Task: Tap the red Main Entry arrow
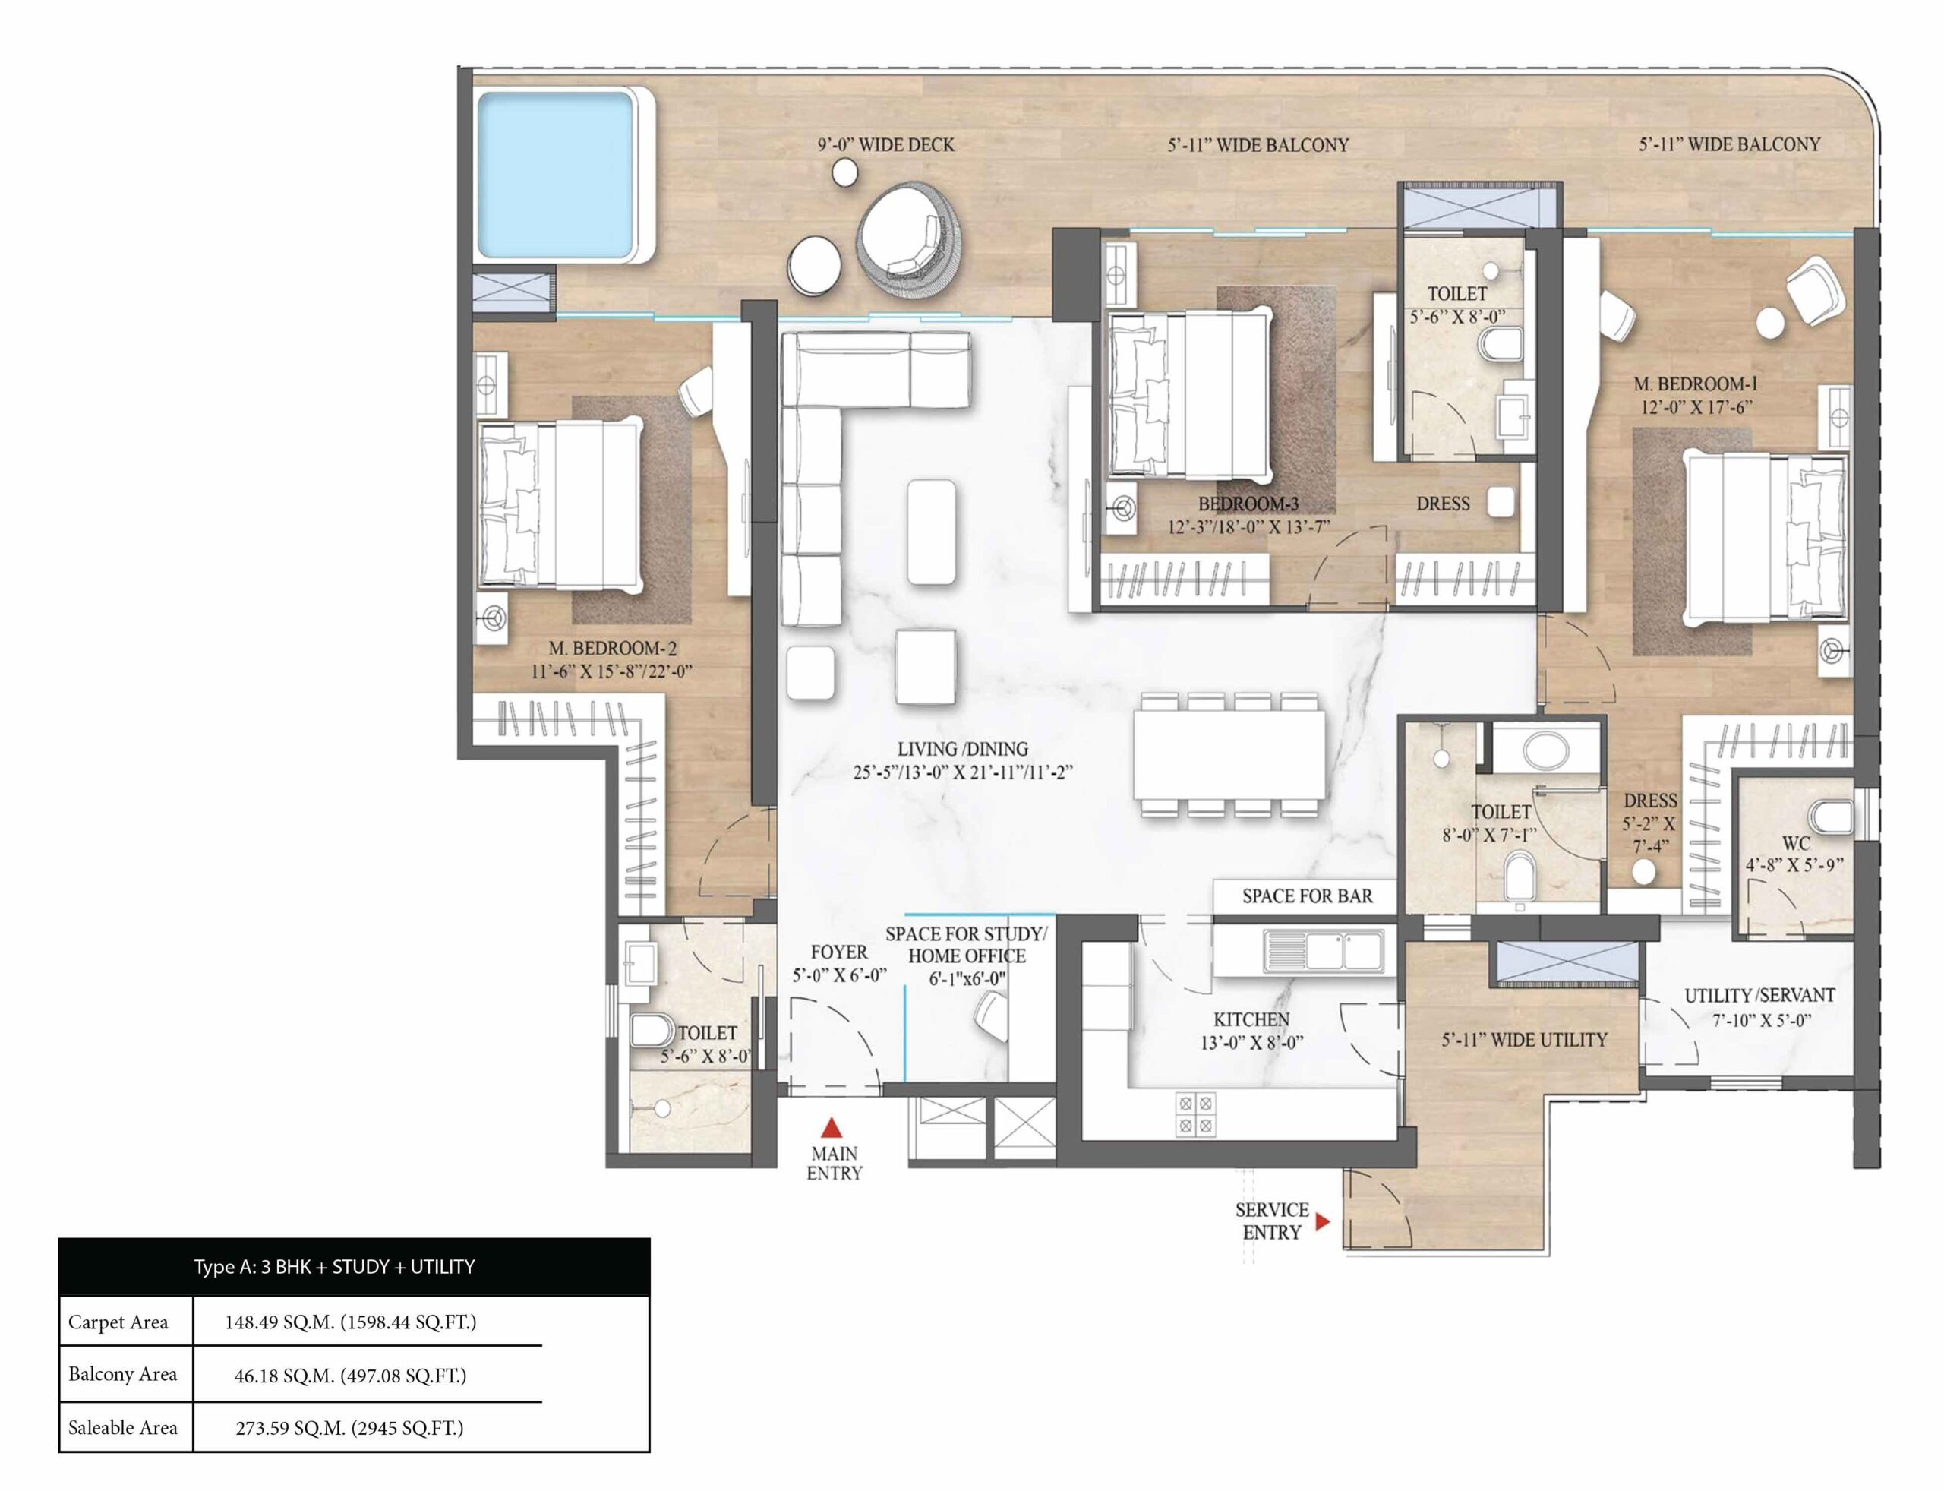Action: (831, 1128)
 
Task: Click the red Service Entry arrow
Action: (1322, 1222)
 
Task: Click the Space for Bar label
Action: (1306, 896)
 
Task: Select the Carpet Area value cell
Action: (351, 1322)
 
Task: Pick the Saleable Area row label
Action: (123, 1428)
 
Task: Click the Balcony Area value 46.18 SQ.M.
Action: (349, 1376)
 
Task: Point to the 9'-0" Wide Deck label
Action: (885, 144)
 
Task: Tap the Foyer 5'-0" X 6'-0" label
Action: (838, 964)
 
